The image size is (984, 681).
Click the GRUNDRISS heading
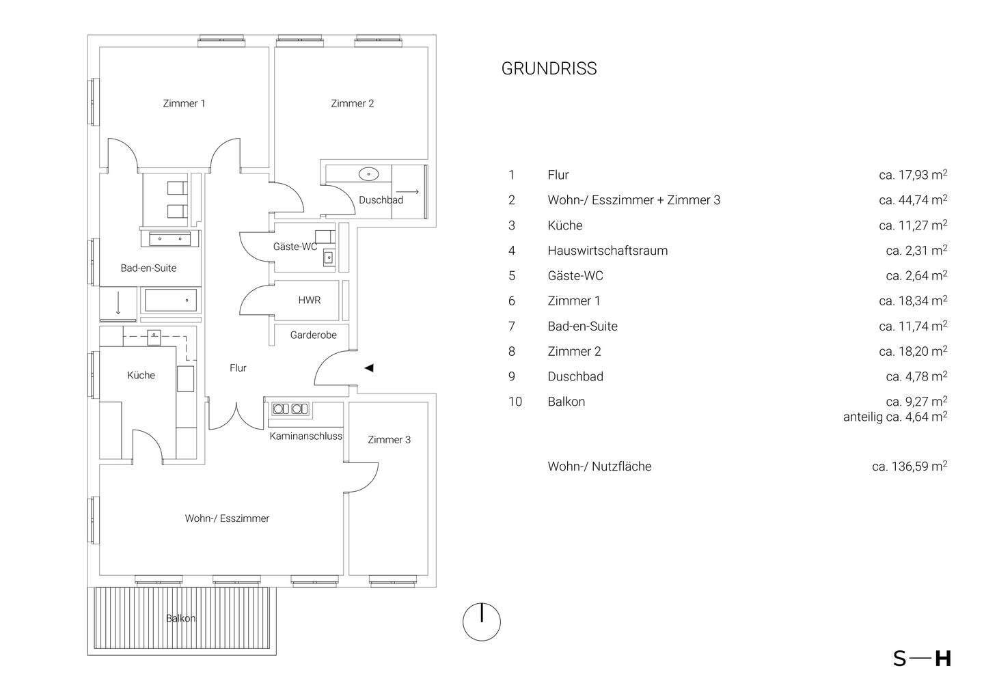click(x=549, y=69)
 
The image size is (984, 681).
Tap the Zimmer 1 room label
click(x=184, y=104)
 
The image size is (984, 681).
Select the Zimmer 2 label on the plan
click(x=352, y=104)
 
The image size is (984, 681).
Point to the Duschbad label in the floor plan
click(x=381, y=200)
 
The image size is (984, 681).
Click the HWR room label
click(x=309, y=301)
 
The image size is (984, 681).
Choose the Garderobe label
click(x=313, y=335)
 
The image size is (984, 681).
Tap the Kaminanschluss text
click(x=305, y=436)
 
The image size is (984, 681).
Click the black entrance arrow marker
click(x=369, y=368)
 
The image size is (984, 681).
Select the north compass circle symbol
click(x=482, y=622)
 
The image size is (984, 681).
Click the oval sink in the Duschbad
click(x=369, y=174)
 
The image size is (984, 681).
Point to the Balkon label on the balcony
click(x=180, y=619)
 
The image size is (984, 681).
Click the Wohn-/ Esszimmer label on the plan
click(x=227, y=518)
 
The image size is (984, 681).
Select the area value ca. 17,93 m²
click(x=912, y=175)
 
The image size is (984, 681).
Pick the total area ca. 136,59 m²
click(x=909, y=467)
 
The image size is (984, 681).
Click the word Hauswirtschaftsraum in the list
click(x=607, y=251)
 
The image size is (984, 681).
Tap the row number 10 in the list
click(x=515, y=402)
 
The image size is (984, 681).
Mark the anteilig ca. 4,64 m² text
click(x=894, y=417)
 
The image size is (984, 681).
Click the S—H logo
click(x=922, y=658)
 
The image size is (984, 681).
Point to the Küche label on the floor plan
click(x=141, y=375)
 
